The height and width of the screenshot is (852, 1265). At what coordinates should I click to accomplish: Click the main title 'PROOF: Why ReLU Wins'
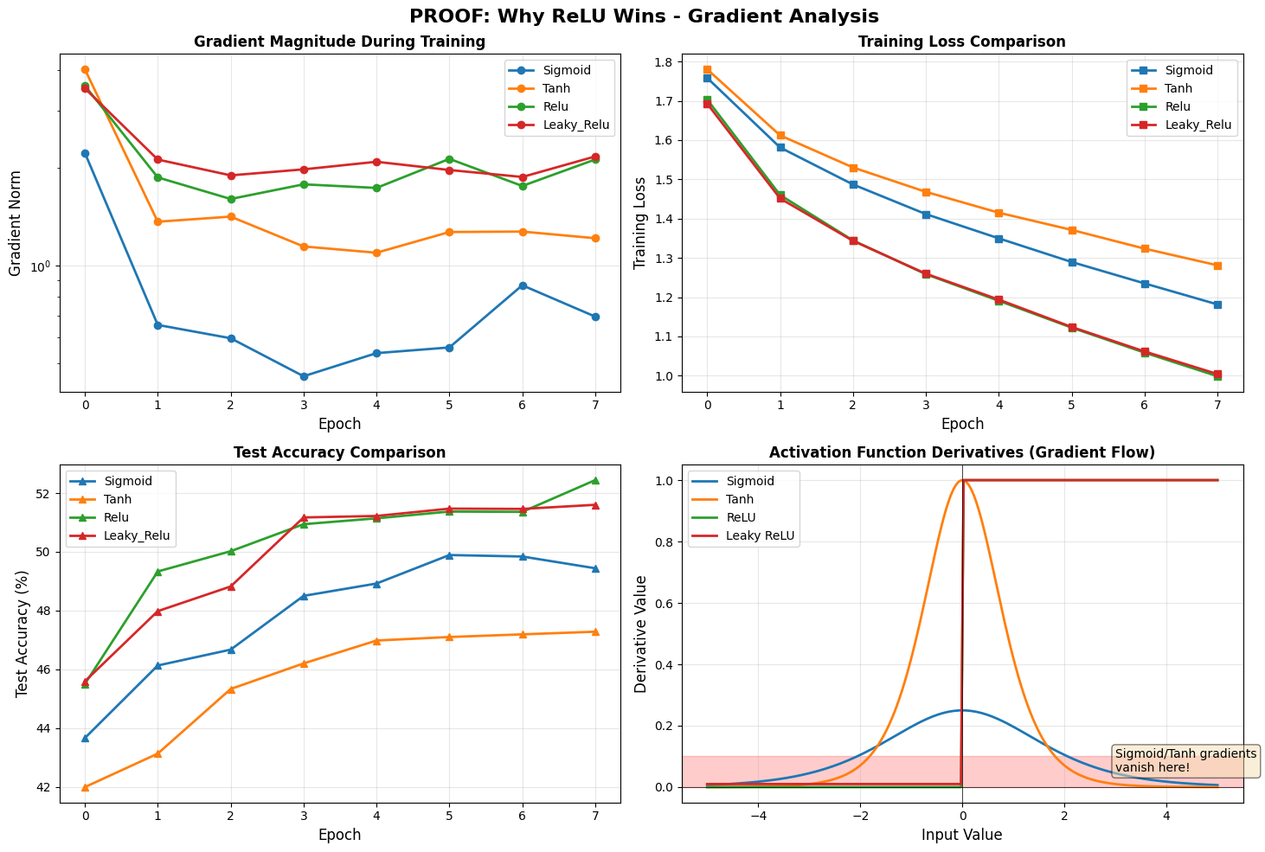pyautogui.click(x=632, y=16)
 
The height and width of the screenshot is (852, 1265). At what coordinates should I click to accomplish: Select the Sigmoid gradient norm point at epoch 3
pyautogui.click(x=304, y=376)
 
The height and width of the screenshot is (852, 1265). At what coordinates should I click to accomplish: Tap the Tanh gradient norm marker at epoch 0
pyautogui.click(x=85, y=69)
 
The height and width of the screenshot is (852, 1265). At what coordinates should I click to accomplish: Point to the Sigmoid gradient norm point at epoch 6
pyautogui.click(x=523, y=285)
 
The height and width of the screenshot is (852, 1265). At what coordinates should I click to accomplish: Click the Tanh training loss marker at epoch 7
pyautogui.click(x=1217, y=266)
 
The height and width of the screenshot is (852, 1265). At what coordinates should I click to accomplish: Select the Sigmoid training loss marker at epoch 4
pyautogui.click(x=999, y=239)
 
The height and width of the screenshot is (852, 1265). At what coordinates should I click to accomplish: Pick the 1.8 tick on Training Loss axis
pyautogui.click(x=665, y=62)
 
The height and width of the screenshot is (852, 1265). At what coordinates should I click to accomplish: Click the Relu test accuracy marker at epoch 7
pyautogui.click(x=595, y=480)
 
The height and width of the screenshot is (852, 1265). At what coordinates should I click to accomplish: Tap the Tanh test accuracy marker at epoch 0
pyautogui.click(x=85, y=787)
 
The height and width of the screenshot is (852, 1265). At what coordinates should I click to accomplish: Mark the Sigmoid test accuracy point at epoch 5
pyautogui.click(x=449, y=555)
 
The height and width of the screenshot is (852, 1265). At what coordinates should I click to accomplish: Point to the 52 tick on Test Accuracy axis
pyautogui.click(x=48, y=494)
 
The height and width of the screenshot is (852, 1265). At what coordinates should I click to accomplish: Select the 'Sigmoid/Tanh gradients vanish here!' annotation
pyautogui.click(x=1185, y=760)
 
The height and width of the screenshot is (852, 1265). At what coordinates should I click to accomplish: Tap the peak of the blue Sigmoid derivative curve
pyautogui.click(x=962, y=710)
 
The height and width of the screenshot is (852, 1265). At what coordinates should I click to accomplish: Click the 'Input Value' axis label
pyautogui.click(x=962, y=835)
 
